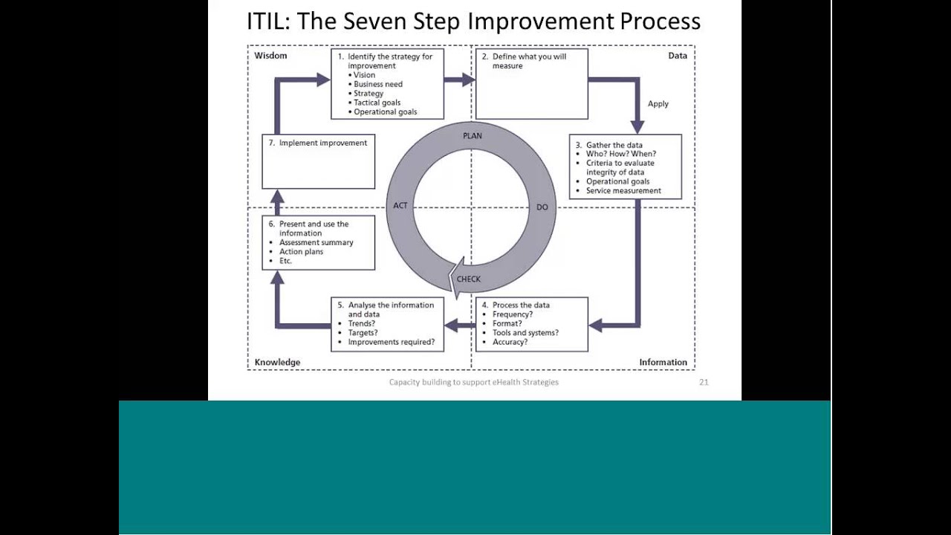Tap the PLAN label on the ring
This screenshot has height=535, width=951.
pos(472,136)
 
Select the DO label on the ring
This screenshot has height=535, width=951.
pos(542,207)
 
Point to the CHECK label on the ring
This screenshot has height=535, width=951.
pos(468,279)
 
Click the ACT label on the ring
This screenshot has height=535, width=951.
pos(400,206)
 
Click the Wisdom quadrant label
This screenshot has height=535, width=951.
pos(270,56)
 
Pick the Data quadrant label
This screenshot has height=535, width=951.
pos(677,56)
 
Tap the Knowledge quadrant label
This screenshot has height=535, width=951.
pos(277,362)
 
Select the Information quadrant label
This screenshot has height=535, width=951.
pos(663,362)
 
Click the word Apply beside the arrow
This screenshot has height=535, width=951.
pos(658,104)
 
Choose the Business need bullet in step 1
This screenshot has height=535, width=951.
pos(378,84)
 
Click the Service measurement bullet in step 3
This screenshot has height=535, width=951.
pos(623,191)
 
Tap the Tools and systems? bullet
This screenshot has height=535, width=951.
pos(525,333)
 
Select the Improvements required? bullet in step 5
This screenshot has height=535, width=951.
pos(392,343)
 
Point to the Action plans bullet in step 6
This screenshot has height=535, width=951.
pos(301,252)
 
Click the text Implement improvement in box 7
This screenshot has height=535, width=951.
pos(322,143)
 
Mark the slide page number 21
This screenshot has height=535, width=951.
pos(704,382)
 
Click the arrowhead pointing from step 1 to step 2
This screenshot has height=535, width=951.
pos(468,80)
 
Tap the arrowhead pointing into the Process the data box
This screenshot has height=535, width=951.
pos(596,325)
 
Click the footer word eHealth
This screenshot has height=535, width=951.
pos(507,382)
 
